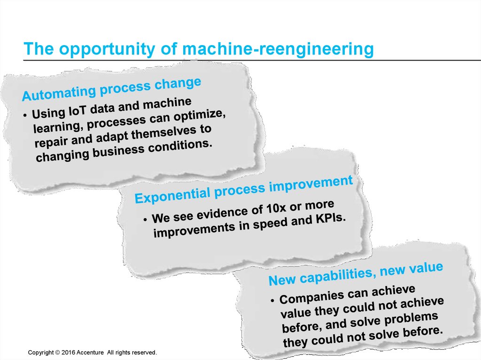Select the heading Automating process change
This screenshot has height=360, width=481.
pos(112,89)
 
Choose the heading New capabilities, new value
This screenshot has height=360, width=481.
pos(356,274)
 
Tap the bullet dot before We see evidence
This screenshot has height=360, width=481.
pos(146,220)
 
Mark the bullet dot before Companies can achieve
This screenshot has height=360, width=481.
pos(273,301)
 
